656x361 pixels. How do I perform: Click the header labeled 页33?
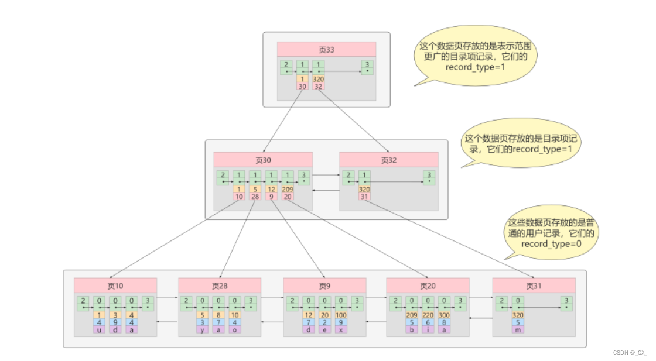(x=326, y=49)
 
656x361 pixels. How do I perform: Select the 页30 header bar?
(x=263, y=160)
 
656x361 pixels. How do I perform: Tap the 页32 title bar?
(x=389, y=160)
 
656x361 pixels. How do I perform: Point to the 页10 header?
(x=115, y=286)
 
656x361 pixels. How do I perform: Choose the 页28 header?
(x=220, y=286)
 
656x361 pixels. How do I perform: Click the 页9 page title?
(x=324, y=286)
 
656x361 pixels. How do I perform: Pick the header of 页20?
(x=428, y=286)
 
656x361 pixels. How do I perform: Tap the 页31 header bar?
(x=534, y=286)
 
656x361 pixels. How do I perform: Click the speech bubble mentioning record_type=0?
(x=550, y=233)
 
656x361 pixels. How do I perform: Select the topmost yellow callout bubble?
(x=474, y=56)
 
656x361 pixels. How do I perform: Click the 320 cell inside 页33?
(x=318, y=79)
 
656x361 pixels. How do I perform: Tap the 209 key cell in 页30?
(x=288, y=190)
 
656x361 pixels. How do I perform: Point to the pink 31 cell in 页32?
(x=365, y=197)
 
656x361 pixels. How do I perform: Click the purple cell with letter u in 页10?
(x=99, y=329)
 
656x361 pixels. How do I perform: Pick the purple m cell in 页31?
(x=518, y=329)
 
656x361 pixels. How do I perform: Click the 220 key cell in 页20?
(x=428, y=315)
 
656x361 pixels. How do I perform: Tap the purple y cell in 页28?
(x=203, y=329)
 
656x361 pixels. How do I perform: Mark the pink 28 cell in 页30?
(x=255, y=197)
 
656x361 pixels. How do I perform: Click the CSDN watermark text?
(x=630, y=353)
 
